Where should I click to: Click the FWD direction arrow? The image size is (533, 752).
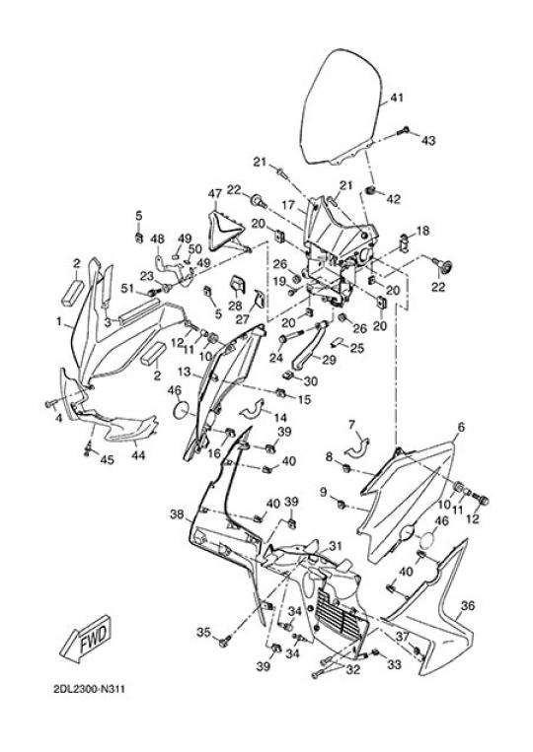click(87, 639)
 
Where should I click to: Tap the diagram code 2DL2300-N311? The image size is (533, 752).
click(90, 690)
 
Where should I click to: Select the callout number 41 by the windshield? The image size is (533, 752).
click(397, 98)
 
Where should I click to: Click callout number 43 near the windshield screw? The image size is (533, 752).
click(428, 141)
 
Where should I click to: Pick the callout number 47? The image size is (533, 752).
click(214, 194)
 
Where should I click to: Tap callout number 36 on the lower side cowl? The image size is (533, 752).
click(467, 606)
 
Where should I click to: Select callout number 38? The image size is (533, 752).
click(177, 514)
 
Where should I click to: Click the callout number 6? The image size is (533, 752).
click(461, 427)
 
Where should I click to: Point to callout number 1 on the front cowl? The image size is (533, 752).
click(59, 321)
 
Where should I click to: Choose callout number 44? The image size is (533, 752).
click(138, 454)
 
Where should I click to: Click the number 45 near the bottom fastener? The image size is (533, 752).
click(107, 459)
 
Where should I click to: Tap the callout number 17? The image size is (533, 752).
click(288, 205)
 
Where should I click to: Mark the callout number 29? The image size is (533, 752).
click(329, 359)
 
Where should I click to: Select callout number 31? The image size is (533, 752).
click(336, 546)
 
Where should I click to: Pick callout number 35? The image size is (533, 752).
click(203, 633)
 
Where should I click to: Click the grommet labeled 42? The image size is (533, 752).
click(370, 192)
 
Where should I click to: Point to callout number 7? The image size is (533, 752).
click(352, 425)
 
